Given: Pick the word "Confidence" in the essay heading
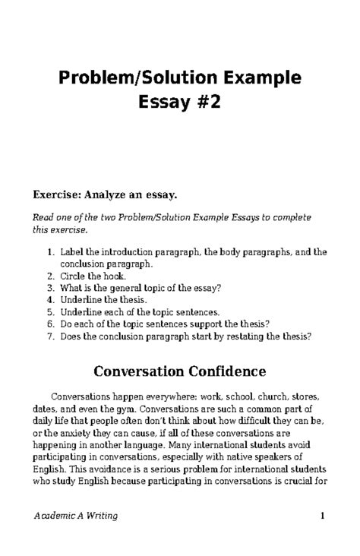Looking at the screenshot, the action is (x=226, y=372).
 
